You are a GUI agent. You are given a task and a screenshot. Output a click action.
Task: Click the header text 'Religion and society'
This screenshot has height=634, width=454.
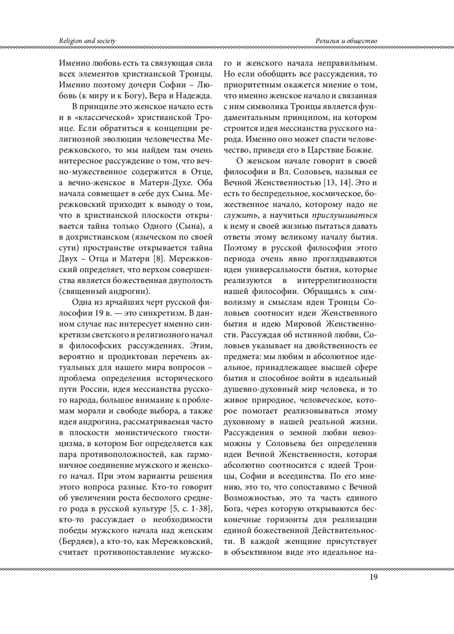click(87, 41)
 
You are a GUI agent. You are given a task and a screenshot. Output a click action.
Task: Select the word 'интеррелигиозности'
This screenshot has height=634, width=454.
click(337, 281)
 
